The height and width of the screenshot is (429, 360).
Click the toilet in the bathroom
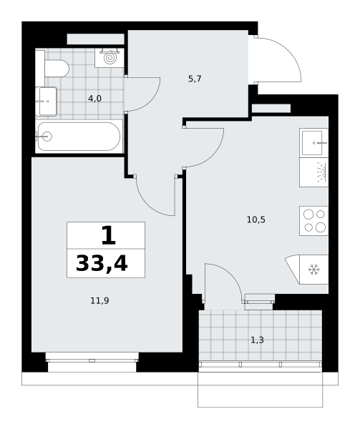point(56,69)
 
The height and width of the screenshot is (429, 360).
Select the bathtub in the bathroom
point(79,137)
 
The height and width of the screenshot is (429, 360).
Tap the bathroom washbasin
point(46,102)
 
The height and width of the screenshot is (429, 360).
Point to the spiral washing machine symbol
point(110,58)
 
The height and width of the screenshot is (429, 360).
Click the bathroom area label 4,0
point(94,99)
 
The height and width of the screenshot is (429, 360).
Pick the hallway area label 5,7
point(195,79)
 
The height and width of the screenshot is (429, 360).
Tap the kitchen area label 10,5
point(256,220)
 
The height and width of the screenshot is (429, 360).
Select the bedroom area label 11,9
point(99,301)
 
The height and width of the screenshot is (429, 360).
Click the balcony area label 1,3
point(257,340)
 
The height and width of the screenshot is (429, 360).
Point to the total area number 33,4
point(102,264)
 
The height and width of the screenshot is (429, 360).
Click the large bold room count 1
point(109,235)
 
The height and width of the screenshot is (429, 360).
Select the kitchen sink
point(314,143)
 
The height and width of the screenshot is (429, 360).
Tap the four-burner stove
point(314,221)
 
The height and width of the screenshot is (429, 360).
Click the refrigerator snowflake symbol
point(313,270)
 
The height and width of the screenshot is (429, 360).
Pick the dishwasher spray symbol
point(321,172)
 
